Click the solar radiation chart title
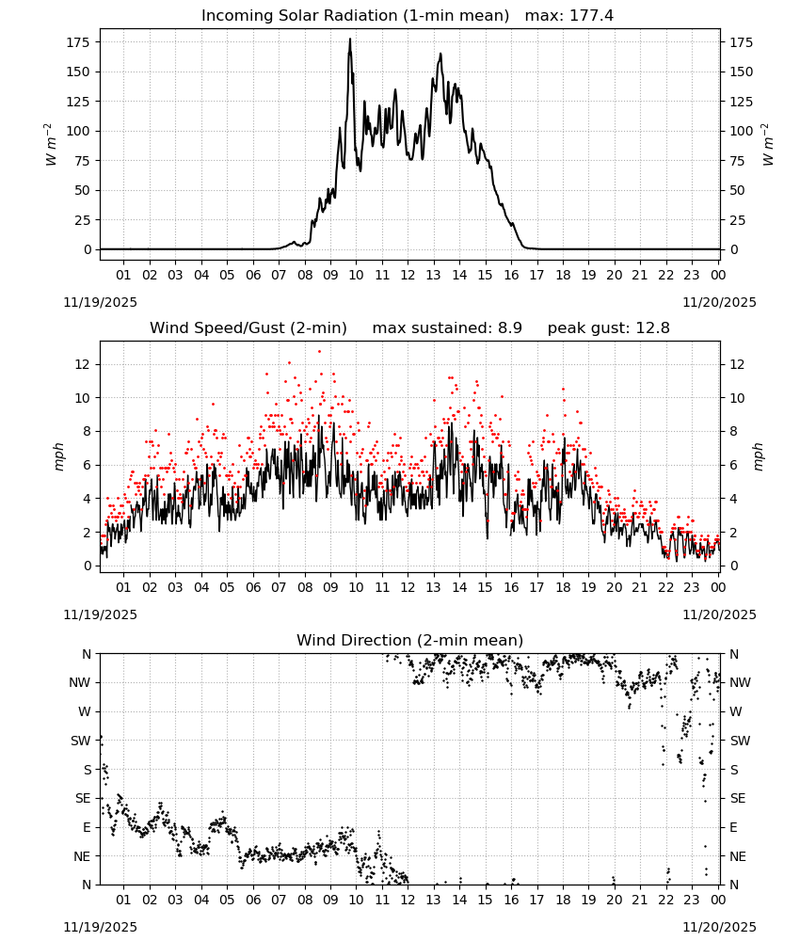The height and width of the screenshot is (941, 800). [x=355, y=16]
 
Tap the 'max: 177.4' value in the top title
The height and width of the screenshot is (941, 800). [x=569, y=16]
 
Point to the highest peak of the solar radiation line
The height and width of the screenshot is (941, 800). [x=350, y=39]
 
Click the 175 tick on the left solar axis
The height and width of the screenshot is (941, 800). [x=78, y=42]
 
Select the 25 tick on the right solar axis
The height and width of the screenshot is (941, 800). [x=738, y=220]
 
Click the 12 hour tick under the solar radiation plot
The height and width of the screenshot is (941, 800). [x=408, y=275]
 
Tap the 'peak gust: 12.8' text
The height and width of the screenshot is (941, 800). [x=608, y=328]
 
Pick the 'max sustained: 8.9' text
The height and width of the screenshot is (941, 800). [x=447, y=328]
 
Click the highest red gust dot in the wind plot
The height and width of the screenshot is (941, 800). [x=319, y=352]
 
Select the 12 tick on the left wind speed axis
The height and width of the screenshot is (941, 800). [x=83, y=364]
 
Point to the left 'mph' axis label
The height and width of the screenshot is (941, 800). [x=58, y=456]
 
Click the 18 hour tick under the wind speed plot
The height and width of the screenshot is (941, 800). [x=563, y=587]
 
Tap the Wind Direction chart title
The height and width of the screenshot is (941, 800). [x=410, y=640]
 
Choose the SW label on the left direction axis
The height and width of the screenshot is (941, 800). [x=81, y=741]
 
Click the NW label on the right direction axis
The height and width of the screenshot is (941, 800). [x=740, y=682]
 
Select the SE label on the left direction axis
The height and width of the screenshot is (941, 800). [x=83, y=798]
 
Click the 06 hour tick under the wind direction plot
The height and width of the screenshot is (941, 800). [x=253, y=900]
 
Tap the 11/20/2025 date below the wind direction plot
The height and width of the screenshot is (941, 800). [x=719, y=927]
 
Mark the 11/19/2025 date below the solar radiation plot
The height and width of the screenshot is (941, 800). [x=100, y=302]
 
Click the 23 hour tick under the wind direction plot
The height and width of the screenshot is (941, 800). [x=692, y=900]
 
